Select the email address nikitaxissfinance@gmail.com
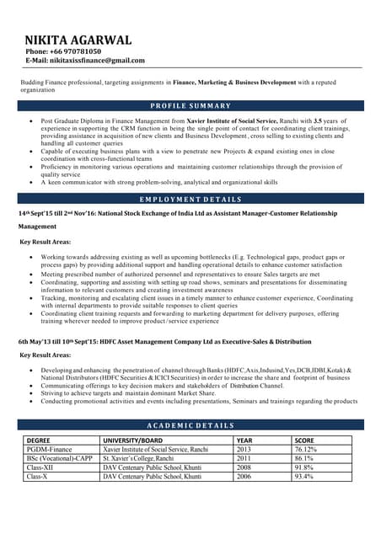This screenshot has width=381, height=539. [x=84, y=61]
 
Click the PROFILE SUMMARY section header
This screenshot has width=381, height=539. [x=190, y=106]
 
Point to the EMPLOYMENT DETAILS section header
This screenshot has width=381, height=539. [x=190, y=200]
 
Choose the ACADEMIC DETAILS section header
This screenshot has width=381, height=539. [x=190, y=425]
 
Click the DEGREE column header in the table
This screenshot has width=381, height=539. [x=39, y=440]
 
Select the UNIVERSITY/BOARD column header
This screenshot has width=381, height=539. [x=133, y=440]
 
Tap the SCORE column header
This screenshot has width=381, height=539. [x=305, y=440]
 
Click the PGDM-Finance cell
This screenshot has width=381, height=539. [x=50, y=450]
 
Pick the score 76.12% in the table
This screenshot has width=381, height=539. [x=306, y=450]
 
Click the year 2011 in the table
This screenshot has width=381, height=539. [x=244, y=459]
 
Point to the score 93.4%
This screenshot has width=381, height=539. [x=303, y=477]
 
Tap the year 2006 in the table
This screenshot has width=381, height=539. [x=244, y=477]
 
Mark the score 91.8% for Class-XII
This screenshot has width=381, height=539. [x=303, y=467]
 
